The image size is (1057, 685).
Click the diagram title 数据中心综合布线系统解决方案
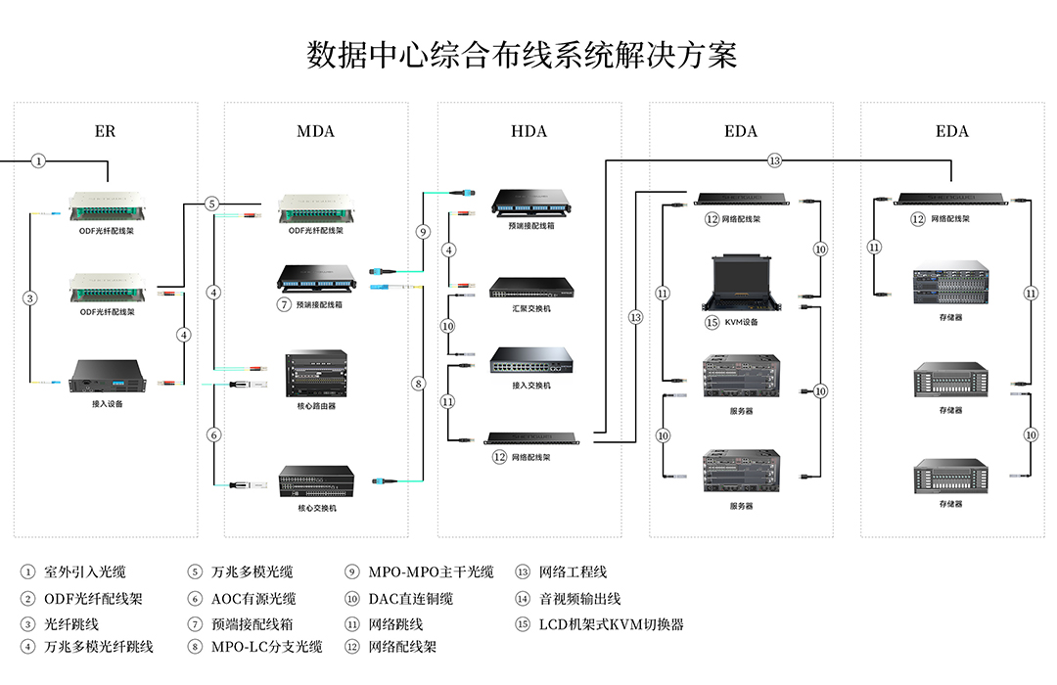[522, 55]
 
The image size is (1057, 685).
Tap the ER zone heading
[105, 131]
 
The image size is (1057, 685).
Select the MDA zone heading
[315, 131]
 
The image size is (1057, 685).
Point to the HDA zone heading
[528, 131]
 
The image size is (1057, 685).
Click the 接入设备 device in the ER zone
[108, 376]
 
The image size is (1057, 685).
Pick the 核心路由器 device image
[315, 374]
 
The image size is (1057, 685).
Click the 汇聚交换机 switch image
[530, 288]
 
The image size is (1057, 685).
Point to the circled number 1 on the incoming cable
[38, 160]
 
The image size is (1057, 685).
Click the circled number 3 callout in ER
[30, 298]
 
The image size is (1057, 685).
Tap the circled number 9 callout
[423, 233]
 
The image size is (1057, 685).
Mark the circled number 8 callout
[419, 385]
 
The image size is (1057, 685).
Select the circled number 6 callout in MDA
[213, 434]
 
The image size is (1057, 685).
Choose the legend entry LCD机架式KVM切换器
[611, 623]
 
